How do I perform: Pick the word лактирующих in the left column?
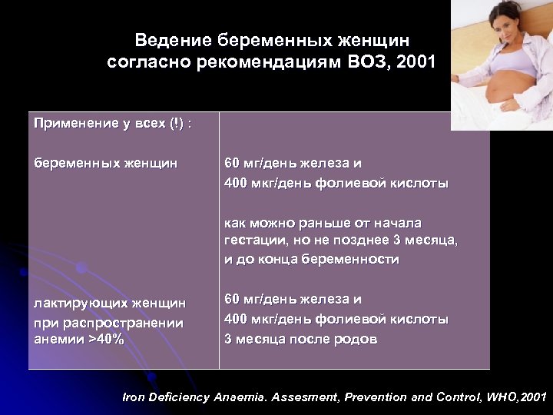[x=76, y=304]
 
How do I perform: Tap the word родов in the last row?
[x=356, y=339]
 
